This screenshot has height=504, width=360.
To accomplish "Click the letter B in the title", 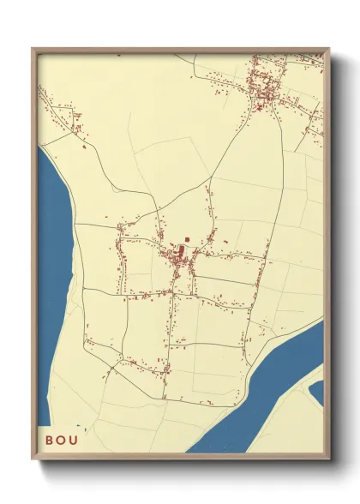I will [x=50, y=441].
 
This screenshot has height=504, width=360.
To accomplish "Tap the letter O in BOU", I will [x=63, y=441].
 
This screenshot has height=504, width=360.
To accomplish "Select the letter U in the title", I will [x=78, y=441].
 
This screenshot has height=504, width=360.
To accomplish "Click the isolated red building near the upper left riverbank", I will [x=84, y=147].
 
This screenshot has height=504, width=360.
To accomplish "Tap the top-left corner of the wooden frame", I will [x=33, y=50].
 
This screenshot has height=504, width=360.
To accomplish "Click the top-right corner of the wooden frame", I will [x=328, y=50].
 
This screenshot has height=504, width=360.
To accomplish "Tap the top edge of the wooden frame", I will [x=180, y=50].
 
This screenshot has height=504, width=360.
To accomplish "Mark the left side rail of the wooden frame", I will [x=34, y=257].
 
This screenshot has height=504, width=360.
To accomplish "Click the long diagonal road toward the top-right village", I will [x=227, y=146].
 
